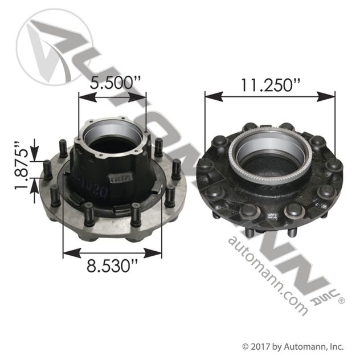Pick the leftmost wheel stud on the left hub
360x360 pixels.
pyautogui.click(x=48, y=169)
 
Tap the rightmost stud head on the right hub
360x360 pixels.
pyautogui.click(x=335, y=166)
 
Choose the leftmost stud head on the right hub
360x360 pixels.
pyautogui.click(x=204, y=165)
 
